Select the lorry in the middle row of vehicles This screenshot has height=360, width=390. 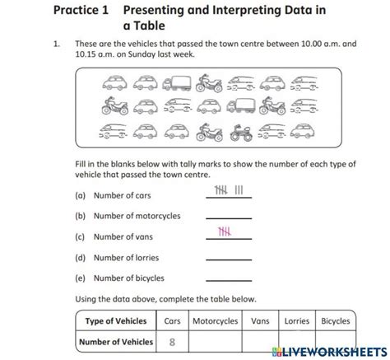(240, 105)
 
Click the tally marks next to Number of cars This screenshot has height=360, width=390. (228, 192)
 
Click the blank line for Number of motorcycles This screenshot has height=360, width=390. (228, 217)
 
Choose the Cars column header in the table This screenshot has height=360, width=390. (172, 320)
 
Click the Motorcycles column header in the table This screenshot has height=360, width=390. (215, 320)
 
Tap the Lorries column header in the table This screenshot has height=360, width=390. (296, 320)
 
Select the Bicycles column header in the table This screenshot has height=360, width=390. (335, 320)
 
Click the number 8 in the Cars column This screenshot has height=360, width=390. (172, 342)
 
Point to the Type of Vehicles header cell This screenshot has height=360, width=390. (115, 320)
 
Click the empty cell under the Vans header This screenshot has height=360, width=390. (260, 342)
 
